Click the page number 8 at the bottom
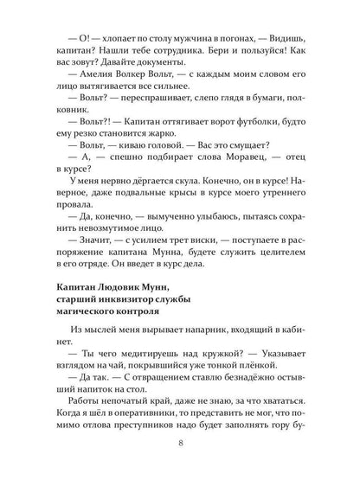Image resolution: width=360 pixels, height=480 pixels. click(180, 446)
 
